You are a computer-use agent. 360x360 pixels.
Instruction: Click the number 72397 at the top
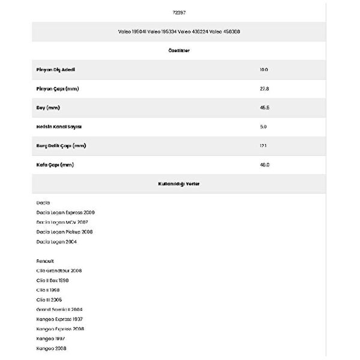180,12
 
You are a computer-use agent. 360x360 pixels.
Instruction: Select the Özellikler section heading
180,50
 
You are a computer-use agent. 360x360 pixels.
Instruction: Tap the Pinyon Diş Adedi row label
56,70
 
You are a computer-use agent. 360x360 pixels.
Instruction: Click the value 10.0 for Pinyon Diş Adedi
264,70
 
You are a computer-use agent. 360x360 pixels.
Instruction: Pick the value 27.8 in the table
264,89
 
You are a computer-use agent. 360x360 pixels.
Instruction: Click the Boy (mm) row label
48,108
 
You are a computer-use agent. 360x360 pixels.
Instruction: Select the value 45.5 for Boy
264,108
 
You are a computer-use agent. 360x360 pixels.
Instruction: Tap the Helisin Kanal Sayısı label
59,127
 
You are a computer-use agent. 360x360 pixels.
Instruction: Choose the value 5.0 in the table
263,127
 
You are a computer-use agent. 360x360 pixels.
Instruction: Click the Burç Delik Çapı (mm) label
61,146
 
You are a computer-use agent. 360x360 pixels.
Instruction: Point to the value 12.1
263,146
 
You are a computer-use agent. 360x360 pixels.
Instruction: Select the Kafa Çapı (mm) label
55,165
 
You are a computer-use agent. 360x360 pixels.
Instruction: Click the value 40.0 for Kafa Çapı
264,165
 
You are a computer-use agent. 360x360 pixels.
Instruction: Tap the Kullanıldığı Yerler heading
180,184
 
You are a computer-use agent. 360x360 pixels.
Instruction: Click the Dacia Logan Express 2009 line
65,212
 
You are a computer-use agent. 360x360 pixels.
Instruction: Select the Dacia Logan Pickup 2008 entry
64,232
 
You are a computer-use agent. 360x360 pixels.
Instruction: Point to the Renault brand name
45,261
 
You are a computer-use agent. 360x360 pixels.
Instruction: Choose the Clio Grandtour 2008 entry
59,271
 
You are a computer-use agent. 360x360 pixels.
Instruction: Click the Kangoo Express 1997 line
60,319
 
